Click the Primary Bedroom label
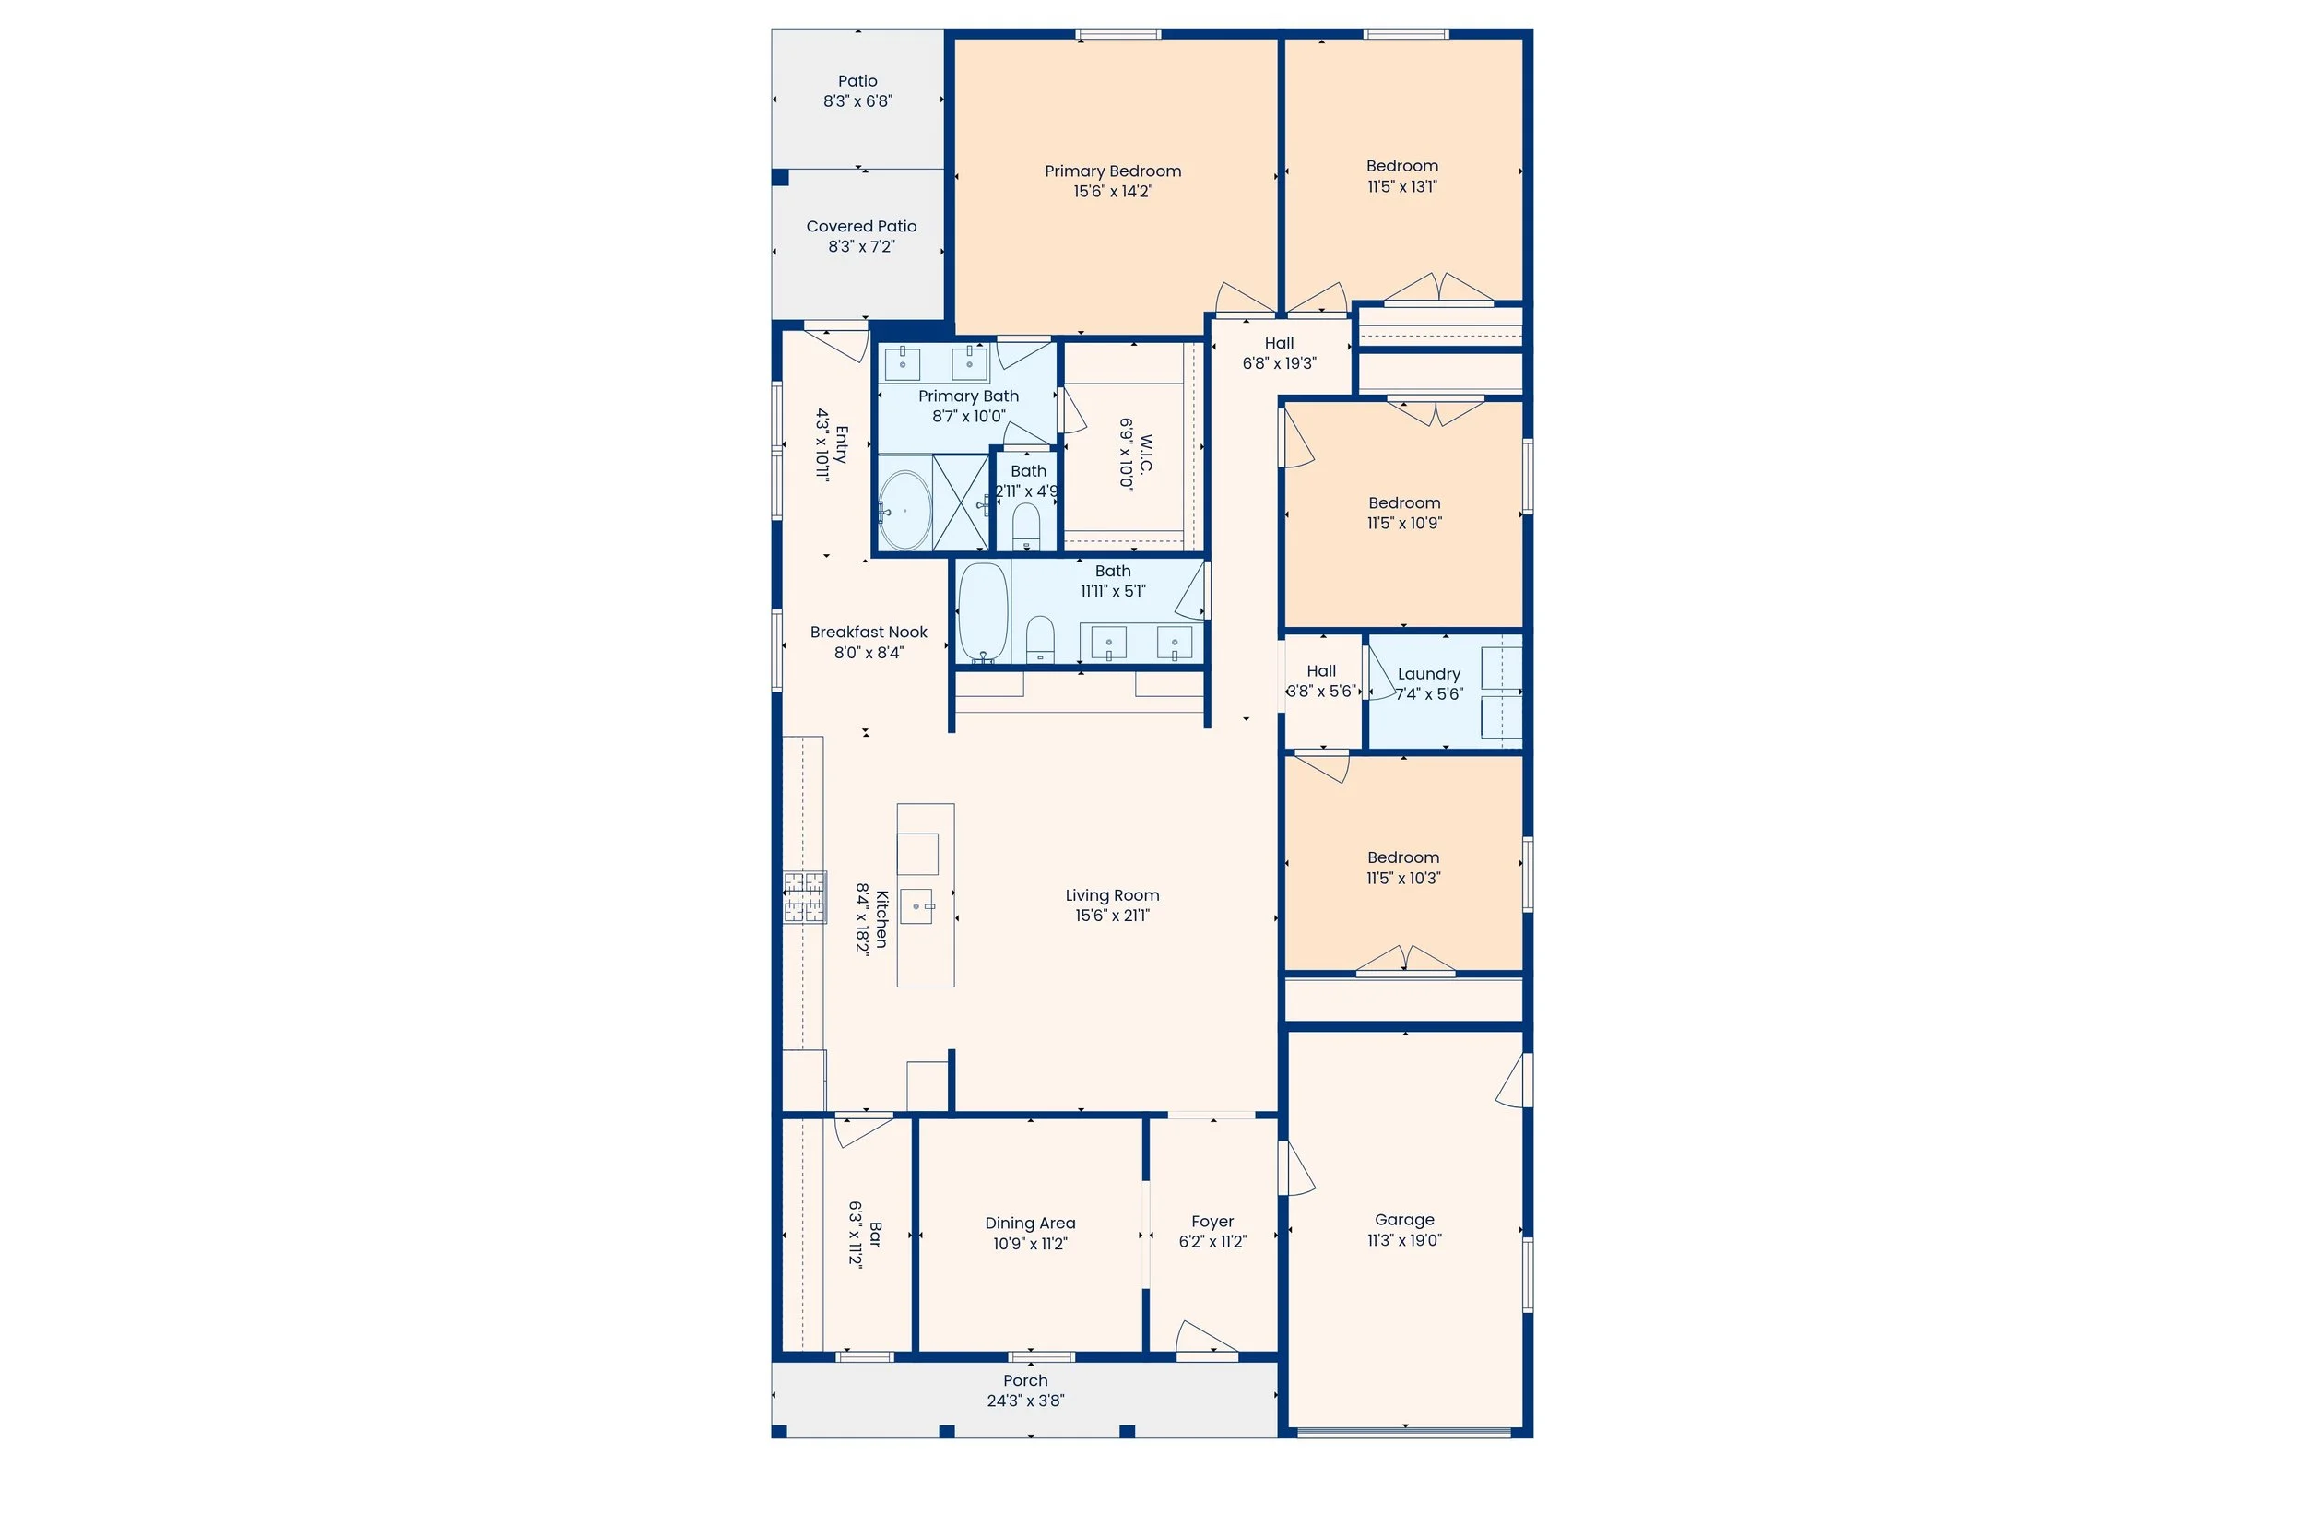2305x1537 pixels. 1112,171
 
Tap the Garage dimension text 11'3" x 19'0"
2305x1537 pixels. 1404,1241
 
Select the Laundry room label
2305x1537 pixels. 1428,674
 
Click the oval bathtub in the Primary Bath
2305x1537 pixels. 904,511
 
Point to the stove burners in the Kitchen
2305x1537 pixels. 804,897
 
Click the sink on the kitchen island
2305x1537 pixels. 917,905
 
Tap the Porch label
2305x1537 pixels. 1025,1381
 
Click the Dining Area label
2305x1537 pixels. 1030,1224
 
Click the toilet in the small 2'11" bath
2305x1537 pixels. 1025,526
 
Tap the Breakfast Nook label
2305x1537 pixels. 869,633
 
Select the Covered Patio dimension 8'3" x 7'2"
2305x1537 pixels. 860,247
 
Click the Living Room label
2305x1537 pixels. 1112,895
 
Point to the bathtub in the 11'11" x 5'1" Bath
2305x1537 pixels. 982,612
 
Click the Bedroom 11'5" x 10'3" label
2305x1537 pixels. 1403,857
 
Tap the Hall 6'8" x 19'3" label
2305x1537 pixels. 1279,343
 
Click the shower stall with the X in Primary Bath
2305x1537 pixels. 960,502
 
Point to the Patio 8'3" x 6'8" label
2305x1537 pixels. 857,81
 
